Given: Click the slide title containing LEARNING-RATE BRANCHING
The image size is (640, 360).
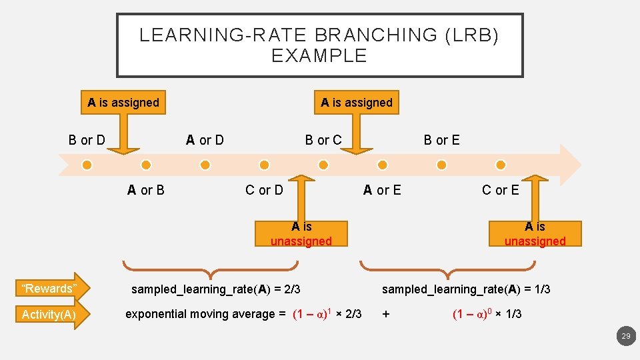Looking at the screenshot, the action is click(x=319, y=45).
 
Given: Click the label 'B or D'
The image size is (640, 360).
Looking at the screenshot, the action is click(x=87, y=140).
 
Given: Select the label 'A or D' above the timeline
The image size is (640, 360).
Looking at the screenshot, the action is click(x=205, y=140).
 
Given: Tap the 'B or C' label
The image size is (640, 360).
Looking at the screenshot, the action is click(x=323, y=140).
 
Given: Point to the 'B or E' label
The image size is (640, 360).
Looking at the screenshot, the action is click(x=442, y=140).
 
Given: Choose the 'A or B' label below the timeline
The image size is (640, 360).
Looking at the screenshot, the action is click(x=146, y=191).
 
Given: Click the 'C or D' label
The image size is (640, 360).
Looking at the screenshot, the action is click(x=264, y=191).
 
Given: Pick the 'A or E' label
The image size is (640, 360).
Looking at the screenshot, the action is click(x=382, y=191).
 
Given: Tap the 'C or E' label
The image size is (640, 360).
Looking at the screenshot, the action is click(x=501, y=191).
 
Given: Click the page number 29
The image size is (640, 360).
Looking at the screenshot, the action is click(x=625, y=337).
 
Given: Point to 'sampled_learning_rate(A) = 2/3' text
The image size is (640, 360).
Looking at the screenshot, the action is click(x=216, y=289).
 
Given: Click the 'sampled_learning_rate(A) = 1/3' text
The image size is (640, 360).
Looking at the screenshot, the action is click(x=466, y=289).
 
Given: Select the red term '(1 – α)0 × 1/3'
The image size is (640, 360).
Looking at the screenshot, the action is click(x=487, y=314).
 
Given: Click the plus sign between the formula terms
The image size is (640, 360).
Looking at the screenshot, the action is click(x=385, y=314).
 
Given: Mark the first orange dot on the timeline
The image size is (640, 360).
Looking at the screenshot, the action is click(x=87, y=165).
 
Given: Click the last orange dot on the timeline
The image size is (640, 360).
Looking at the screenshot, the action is click(x=501, y=165).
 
